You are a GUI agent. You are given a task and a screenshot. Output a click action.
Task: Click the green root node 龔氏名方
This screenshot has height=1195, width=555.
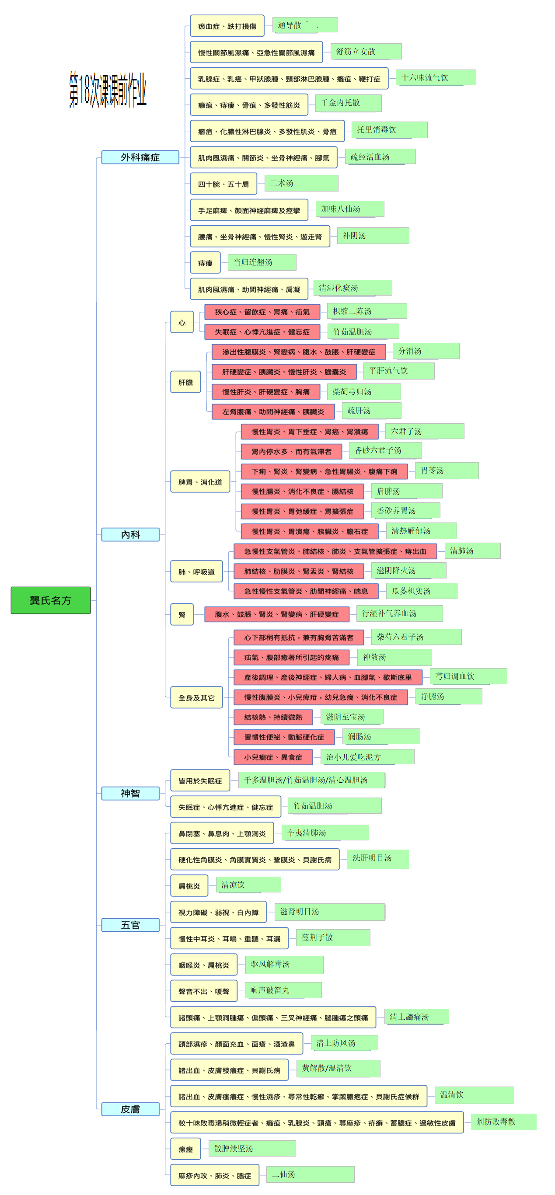(51, 600)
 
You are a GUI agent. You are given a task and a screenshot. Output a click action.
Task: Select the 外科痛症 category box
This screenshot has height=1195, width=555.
(140, 157)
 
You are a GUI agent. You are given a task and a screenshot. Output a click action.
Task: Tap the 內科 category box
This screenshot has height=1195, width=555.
(130, 534)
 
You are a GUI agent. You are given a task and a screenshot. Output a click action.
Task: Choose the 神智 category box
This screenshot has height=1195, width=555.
(130, 793)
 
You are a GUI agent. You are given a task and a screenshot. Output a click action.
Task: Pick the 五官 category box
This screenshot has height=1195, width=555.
(130, 925)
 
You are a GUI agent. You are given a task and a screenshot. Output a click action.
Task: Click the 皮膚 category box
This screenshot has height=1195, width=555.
(130, 1109)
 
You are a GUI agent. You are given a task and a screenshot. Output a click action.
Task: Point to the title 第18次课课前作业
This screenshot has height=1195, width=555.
(108, 90)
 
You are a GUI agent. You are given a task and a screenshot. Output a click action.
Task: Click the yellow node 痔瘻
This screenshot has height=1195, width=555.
(205, 263)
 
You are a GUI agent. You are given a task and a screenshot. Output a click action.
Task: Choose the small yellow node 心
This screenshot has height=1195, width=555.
(182, 322)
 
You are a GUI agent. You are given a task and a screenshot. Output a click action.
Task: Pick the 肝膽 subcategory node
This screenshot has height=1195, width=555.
(185, 382)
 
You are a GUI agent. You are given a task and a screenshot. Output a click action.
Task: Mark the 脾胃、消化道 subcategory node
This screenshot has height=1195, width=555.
(200, 482)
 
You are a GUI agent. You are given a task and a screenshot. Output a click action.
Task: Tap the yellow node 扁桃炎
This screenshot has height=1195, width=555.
(189, 886)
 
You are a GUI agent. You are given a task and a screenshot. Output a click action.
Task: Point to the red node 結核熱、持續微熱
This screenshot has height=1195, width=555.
(273, 717)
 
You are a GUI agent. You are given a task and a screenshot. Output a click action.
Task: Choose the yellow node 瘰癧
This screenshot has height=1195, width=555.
(185, 1149)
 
